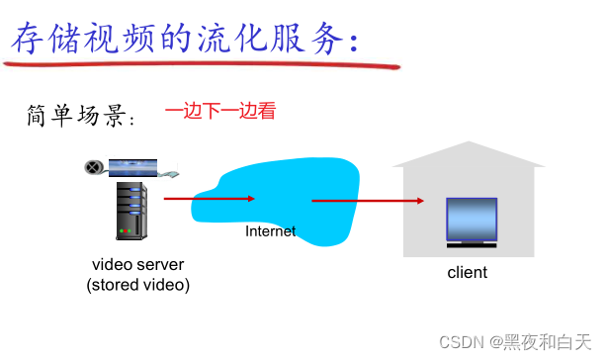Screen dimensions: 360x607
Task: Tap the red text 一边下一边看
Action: pyautogui.click(x=219, y=111)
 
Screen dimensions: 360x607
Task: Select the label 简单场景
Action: pyautogui.click(x=79, y=117)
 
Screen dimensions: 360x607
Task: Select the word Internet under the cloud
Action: pyautogui.click(x=270, y=231)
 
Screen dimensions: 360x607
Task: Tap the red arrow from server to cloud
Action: pyautogui.click(x=208, y=199)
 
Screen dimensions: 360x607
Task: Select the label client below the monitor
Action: pyautogui.click(x=468, y=272)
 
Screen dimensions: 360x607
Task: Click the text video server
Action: pyautogui.click(x=137, y=265)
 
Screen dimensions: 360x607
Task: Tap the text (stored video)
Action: pyautogui.click(x=137, y=285)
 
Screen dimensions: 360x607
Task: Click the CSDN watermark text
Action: pyautogui.click(x=459, y=341)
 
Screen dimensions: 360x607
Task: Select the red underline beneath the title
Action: pyautogui.click(x=198, y=66)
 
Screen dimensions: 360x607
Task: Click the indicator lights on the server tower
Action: pyautogui.click(x=126, y=231)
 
